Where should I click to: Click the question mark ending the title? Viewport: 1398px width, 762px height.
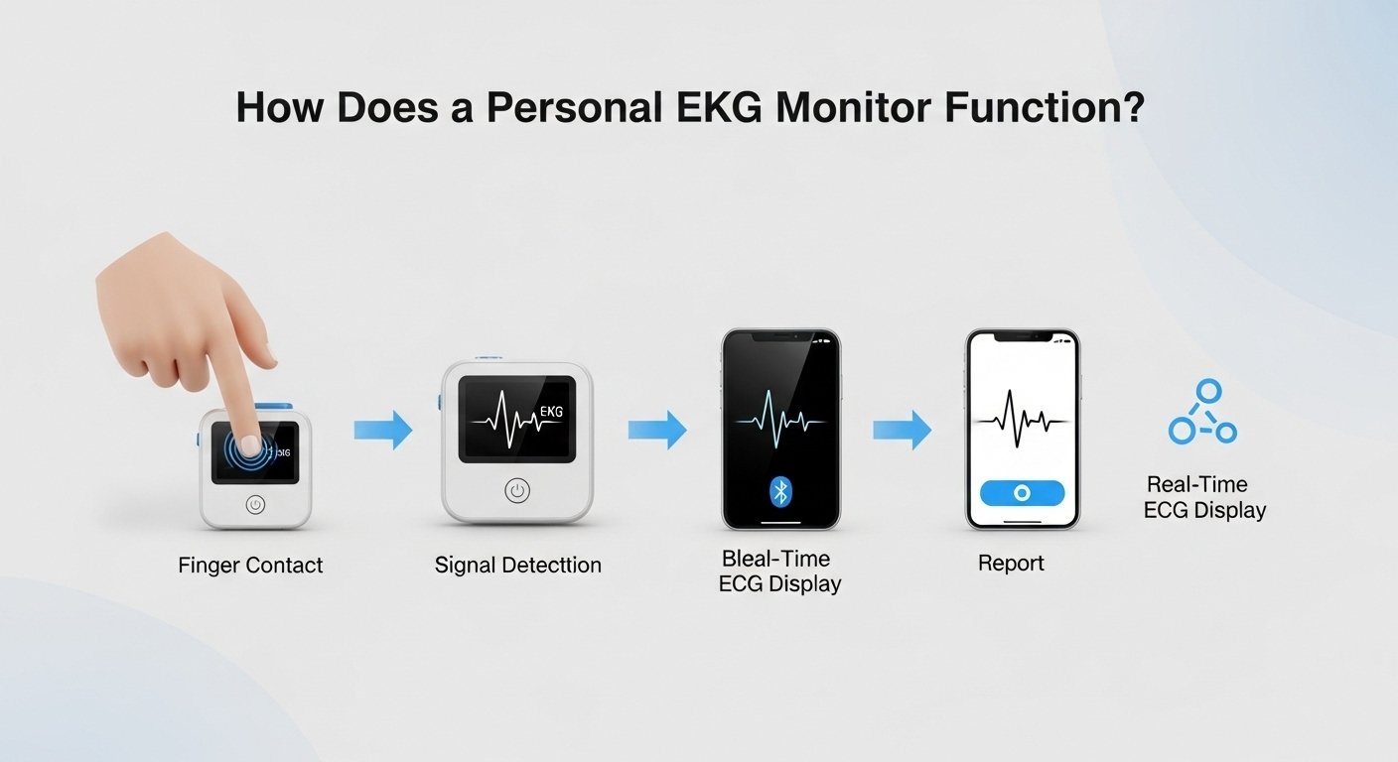coord(1130,107)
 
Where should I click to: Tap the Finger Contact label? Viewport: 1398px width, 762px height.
coord(250,566)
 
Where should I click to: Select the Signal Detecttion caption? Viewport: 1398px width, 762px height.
coord(517,566)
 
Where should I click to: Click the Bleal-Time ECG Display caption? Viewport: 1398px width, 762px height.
coord(779,571)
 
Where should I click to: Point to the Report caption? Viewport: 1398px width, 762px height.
coord(1011,564)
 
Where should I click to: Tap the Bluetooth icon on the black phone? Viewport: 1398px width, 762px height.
coord(781,491)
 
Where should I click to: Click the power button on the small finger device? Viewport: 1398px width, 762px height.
coord(255,504)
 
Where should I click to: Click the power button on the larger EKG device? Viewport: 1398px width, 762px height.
coord(517,490)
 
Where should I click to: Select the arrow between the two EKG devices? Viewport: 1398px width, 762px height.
coord(383,430)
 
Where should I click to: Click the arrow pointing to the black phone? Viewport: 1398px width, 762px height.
coord(657,430)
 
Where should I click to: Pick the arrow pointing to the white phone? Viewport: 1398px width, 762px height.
coord(902,430)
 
